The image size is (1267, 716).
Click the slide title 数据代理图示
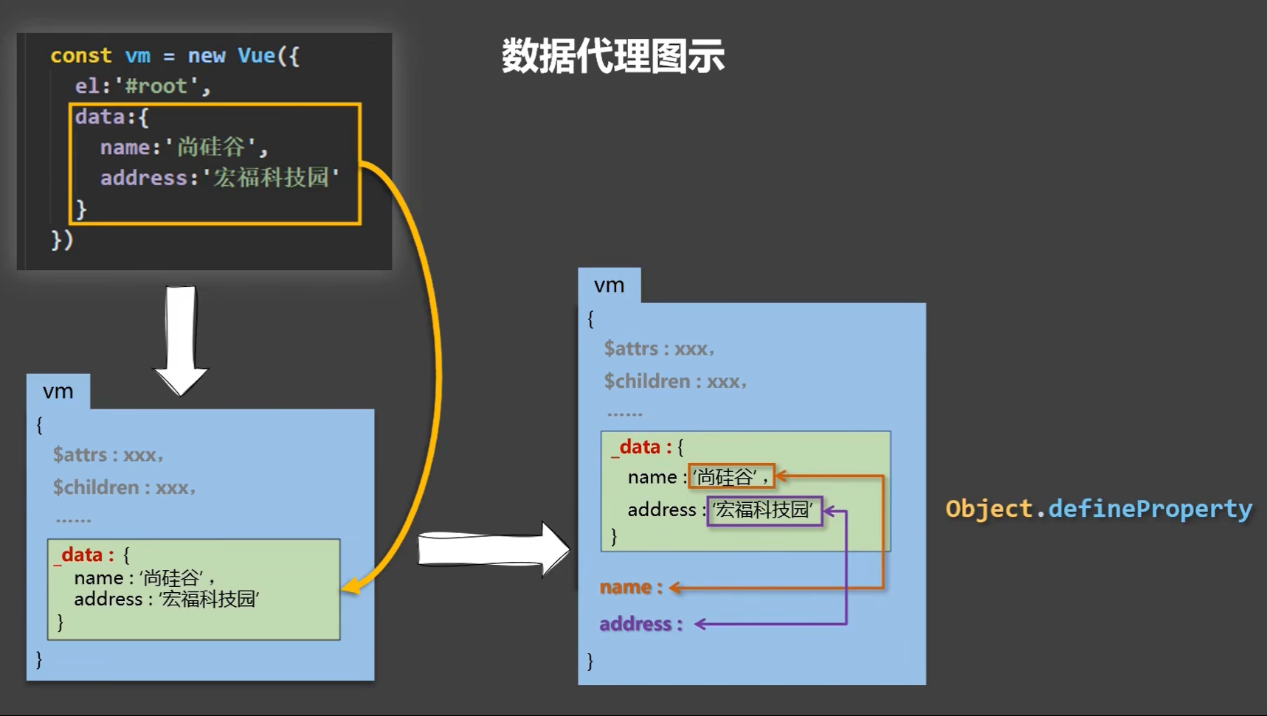click(612, 56)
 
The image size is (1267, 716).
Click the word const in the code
click(80, 56)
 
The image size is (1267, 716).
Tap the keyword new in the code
click(206, 56)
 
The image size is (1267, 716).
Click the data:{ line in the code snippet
click(111, 117)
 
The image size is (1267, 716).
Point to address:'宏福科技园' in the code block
click(219, 178)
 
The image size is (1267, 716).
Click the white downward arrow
click(181, 339)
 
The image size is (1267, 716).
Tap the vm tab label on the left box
click(58, 392)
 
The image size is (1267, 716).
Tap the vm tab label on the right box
click(609, 285)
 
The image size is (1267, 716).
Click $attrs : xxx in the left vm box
click(108, 455)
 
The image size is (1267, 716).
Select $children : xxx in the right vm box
click(674, 381)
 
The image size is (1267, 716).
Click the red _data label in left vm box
click(82, 555)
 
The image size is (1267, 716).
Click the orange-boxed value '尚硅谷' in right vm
click(731, 477)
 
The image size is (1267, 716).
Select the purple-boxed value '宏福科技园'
click(764, 510)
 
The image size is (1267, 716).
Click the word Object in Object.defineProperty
click(989, 509)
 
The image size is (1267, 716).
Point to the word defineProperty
click(1150, 509)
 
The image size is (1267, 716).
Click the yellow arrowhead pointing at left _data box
click(351, 587)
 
